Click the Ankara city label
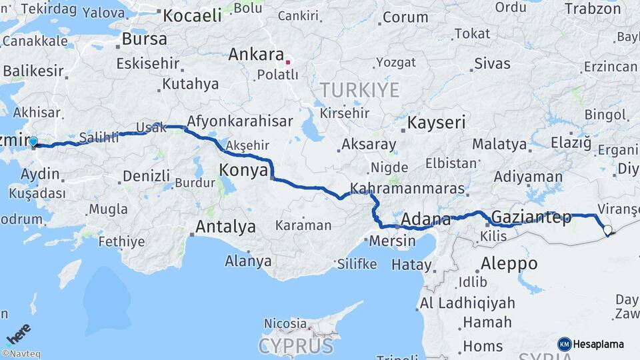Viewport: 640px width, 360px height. (256, 55)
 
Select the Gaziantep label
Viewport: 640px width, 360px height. (531, 217)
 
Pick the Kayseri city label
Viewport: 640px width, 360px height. (437, 123)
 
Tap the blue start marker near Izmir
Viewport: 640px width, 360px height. (33, 141)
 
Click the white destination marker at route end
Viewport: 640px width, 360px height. (607, 230)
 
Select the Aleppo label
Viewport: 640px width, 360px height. (509, 263)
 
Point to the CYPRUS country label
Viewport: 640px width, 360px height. (295, 346)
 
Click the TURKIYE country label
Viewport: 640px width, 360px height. (359, 90)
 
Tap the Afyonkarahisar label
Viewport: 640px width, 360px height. (240, 122)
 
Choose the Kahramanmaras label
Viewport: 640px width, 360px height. (407, 189)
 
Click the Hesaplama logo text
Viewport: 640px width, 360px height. (600, 344)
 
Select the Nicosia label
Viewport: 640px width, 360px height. (285, 323)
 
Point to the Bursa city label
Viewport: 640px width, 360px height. (144, 39)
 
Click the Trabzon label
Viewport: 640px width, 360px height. (593, 9)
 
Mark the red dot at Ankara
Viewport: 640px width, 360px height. (287, 63)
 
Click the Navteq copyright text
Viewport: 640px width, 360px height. (21, 354)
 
